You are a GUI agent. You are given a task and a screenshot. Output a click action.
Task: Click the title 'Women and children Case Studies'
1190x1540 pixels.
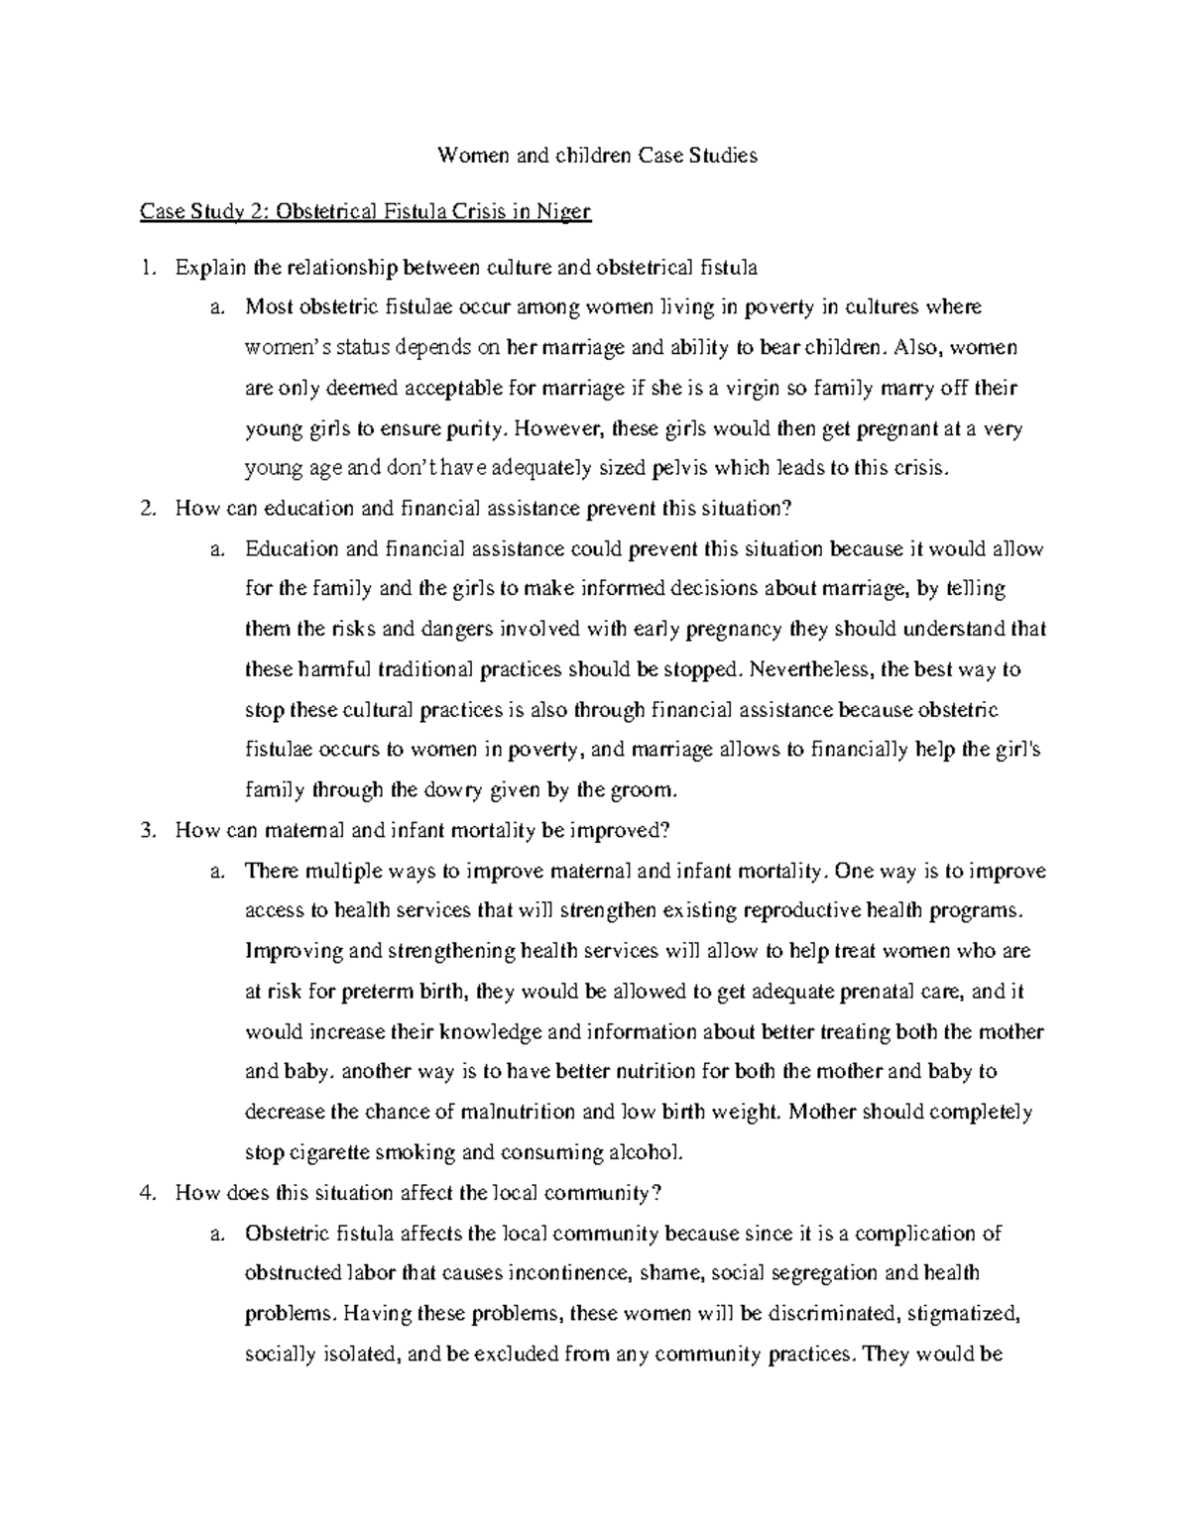598,156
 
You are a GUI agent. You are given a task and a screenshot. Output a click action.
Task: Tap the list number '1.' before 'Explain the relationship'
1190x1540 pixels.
149,267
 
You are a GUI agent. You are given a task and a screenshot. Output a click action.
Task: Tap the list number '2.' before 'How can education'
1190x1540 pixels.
149,509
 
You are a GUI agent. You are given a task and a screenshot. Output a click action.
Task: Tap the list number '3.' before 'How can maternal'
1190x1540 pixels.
149,831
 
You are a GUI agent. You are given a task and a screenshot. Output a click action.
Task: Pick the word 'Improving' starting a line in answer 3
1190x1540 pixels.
295,951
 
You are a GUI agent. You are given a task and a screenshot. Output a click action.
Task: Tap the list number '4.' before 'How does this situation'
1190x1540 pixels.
149,1193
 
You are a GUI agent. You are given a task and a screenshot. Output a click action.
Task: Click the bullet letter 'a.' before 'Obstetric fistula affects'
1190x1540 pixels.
216,1234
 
